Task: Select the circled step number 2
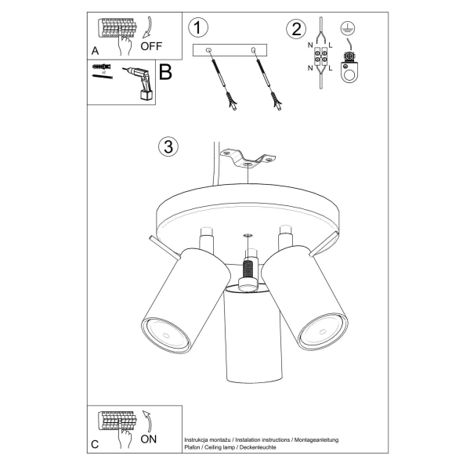tap(295, 30)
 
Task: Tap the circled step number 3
tap(167, 147)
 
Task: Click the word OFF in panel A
tap(150, 45)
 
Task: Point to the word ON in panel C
tap(149, 439)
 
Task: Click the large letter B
tap(165, 73)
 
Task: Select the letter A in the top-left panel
tap(95, 49)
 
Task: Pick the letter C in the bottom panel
tap(95, 444)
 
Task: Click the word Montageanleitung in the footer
tap(314, 440)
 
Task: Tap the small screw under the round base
tap(248, 235)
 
